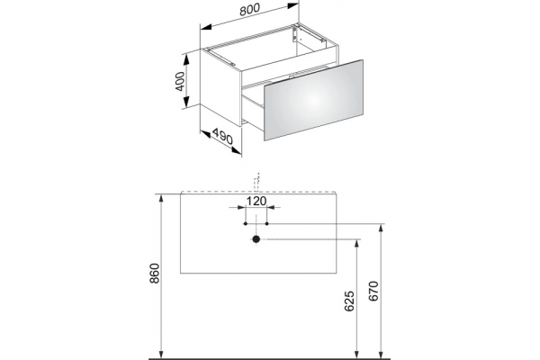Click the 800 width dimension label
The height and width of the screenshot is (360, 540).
249,10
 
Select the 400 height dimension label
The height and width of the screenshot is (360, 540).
180,81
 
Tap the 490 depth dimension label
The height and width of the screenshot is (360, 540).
222,136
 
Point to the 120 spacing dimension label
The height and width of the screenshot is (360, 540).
256,201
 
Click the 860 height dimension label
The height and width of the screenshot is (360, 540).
155,274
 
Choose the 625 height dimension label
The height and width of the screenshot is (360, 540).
349,301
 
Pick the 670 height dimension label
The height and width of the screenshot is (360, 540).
373,291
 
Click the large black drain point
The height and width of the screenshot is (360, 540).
256,239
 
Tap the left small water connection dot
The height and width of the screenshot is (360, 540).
246,223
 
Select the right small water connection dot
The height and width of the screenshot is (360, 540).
267,223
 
